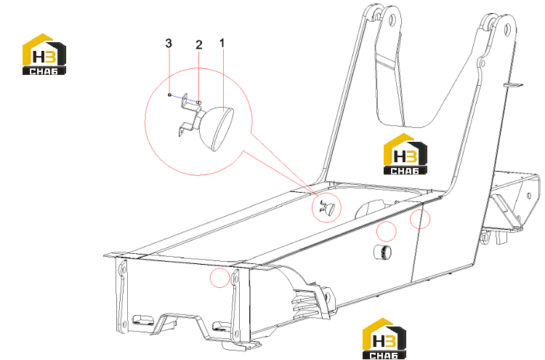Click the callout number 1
pos(222,44)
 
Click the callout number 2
pos(199,45)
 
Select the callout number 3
pos(169,44)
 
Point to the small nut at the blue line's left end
pos(169,95)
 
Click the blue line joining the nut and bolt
pos(183,97)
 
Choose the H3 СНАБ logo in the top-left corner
pos(44,55)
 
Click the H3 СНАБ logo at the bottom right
pos(384,338)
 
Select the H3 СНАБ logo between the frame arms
pos(405,153)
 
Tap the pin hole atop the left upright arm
pos(392,18)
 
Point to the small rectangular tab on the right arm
pos(513,84)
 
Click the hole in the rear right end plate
pos(529,196)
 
